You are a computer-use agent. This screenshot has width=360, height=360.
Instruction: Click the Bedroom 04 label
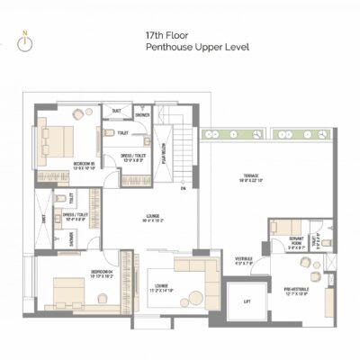(100, 274)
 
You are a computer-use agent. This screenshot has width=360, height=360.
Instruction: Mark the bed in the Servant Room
(286, 227)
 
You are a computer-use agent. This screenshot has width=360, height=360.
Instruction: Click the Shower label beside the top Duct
(142, 115)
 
